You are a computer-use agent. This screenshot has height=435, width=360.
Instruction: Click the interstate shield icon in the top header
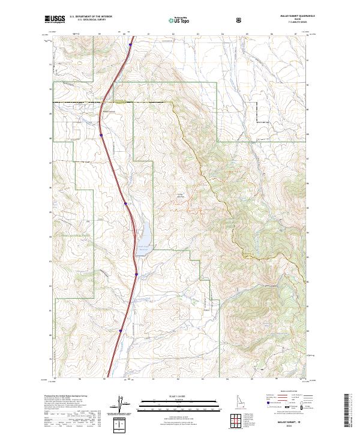[240, 20]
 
